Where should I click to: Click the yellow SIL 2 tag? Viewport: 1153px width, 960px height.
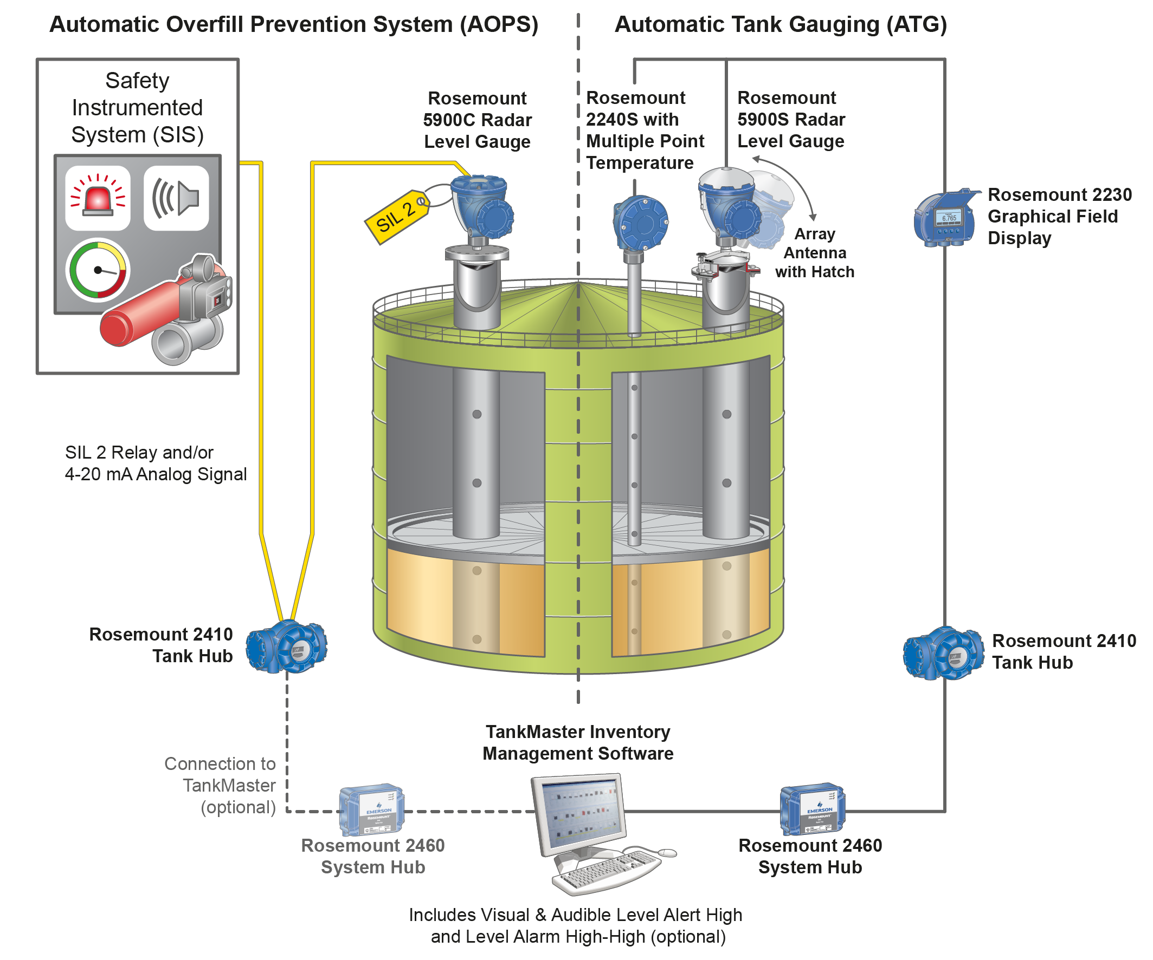coord(396,217)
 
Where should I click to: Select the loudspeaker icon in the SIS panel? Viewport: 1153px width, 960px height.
coord(176,198)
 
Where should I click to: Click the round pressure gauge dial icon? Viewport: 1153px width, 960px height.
coord(98,270)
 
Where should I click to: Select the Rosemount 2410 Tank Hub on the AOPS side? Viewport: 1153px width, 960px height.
coord(286,648)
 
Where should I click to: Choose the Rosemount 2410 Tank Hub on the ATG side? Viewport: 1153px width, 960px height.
coord(944,654)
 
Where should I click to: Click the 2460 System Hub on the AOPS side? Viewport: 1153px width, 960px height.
coord(372,809)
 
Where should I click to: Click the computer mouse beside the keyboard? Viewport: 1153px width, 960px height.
coord(667,852)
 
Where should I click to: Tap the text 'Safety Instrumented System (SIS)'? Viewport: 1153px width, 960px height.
coord(137,108)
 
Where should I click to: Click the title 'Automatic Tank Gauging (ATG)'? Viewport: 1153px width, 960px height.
coord(780,25)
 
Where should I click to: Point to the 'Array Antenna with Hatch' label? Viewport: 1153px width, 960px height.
coord(815,253)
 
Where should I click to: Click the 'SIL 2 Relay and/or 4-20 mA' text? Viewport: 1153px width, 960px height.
coord(156,463)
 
